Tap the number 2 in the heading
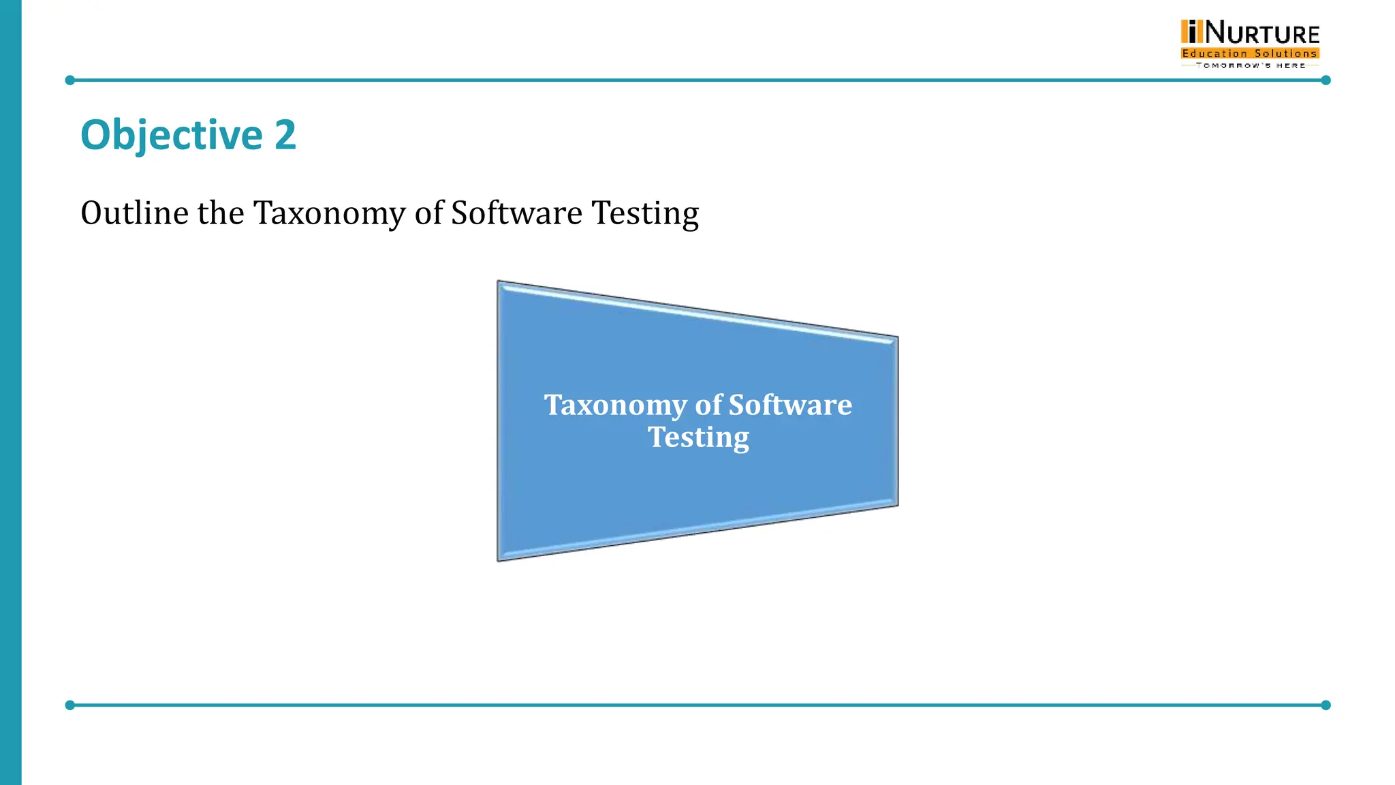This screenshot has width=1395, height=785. [285, 135]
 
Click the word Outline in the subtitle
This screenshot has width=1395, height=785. [134, 213]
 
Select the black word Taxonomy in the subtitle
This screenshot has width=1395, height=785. [330, 214]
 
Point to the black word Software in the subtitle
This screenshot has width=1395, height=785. [516, 213]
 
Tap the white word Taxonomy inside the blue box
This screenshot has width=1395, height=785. [614, 406]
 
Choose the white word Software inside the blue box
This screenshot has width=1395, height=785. [790, 405]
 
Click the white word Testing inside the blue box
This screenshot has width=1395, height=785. [698, 437]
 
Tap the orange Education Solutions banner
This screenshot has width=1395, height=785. [1250, 53]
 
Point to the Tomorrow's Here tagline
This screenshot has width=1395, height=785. [1250, 65]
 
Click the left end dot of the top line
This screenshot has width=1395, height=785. [69, 80]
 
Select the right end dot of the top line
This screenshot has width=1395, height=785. [1326, 80]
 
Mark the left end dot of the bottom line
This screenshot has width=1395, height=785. [69, 705]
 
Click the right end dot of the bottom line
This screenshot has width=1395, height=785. [1326, 705]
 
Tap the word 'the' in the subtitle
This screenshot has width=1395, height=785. [221, 213]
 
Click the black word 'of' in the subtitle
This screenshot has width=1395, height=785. [429, 213]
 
